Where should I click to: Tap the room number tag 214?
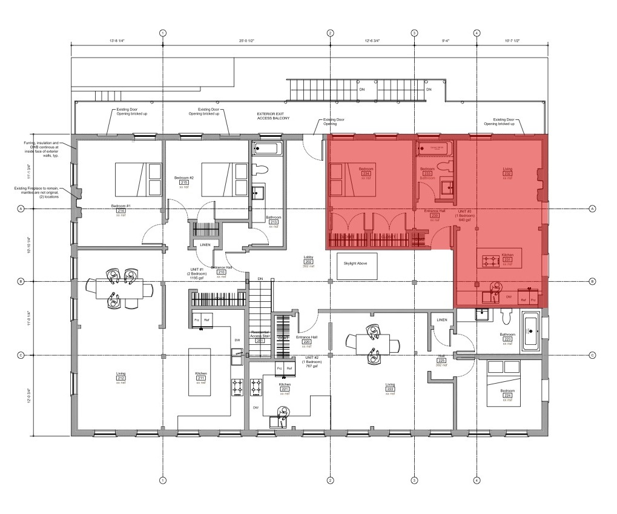[x=119, y=210]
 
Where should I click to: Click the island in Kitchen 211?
[x=200, y=372]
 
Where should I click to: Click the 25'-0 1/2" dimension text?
[x=246, y=41]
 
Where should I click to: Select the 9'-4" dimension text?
[x=445, y=41]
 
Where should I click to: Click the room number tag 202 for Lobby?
[x=308, y=262]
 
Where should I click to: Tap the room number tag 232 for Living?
[x=507, y=174]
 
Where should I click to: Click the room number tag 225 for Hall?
[x=441, y=361]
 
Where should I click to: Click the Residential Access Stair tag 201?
[x=260, y=341]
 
